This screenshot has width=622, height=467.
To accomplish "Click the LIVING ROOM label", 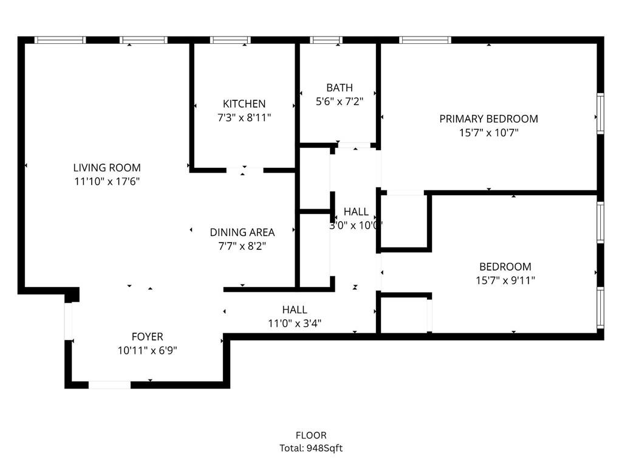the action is (107, 168).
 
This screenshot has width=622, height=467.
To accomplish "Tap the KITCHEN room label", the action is (244, 104).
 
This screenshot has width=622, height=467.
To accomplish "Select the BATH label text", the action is (340, 88).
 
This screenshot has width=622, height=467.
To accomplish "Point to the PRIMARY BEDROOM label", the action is (489, 119).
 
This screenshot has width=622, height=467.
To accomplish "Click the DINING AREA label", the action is (242, 232).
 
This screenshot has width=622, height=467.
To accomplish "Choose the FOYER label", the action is (147, 337).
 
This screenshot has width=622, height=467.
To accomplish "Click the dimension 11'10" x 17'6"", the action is (107, 181).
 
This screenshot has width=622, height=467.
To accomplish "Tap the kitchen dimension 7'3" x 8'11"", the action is (244, 117).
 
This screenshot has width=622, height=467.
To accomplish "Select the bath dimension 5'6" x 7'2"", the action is (340, 102).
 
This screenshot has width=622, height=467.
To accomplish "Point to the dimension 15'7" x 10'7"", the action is (489, 133).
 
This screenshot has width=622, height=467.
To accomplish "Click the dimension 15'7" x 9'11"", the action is (505, 280).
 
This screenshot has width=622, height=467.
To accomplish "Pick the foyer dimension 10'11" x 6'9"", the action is (147, 350).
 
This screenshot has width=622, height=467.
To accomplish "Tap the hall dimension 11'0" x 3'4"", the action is (295, 323).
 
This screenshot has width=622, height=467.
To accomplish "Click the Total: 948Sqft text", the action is (311, 448).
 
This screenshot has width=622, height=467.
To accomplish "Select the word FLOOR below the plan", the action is (311, 435).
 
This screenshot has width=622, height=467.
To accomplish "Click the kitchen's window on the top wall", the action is (230, 40).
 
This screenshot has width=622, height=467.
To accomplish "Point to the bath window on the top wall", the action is (326, 40).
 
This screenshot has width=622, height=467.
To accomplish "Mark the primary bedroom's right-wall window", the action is (601, 113).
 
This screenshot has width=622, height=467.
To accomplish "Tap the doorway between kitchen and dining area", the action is (245, 170).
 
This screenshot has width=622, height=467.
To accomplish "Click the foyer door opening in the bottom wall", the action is (109, 385).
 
